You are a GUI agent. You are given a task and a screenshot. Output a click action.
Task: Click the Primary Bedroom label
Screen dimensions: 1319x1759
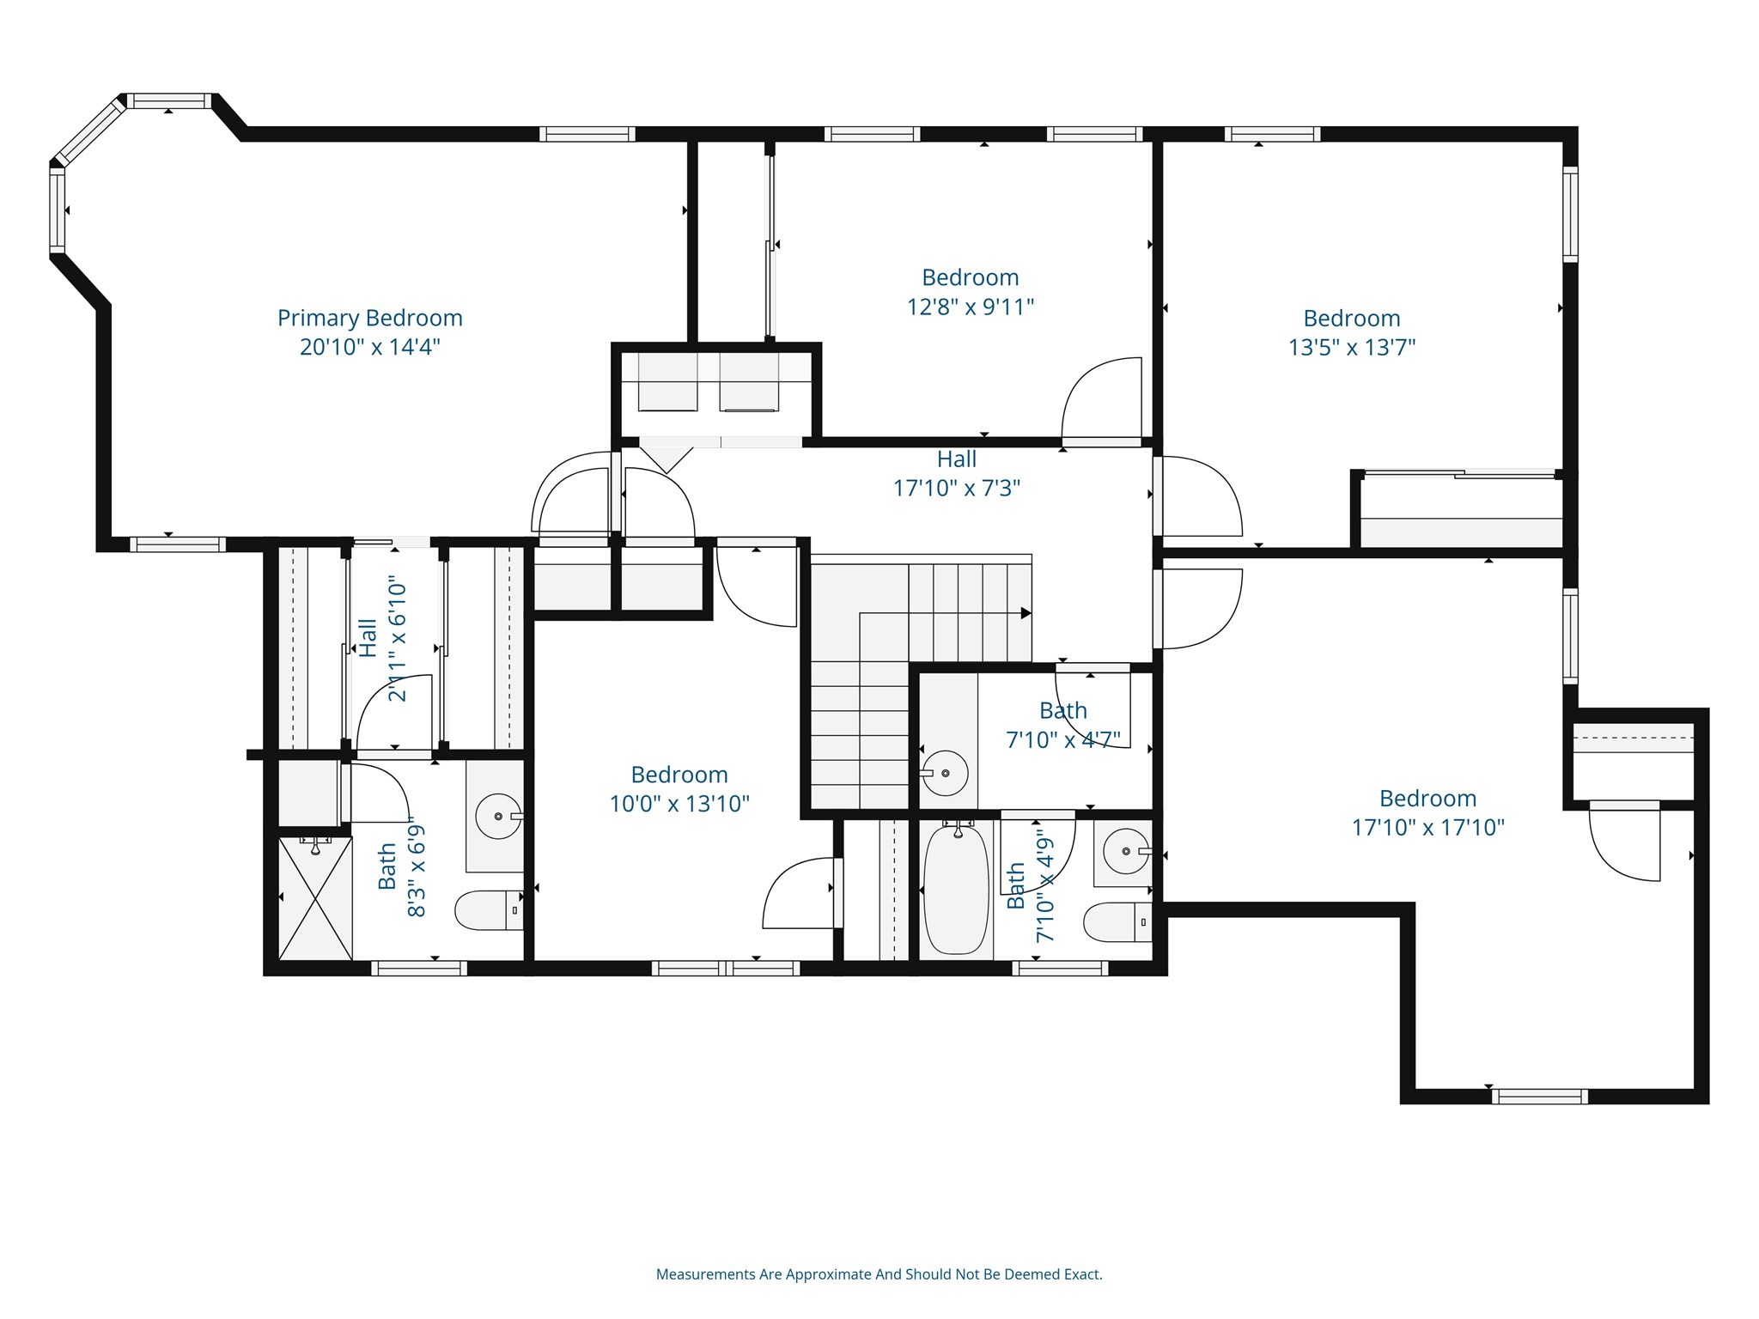pos(369,318)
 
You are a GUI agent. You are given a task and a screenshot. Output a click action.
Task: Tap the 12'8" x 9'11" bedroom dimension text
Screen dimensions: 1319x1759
pos(971,307)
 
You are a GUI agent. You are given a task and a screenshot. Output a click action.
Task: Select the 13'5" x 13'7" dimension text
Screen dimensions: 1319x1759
pos(1351,347)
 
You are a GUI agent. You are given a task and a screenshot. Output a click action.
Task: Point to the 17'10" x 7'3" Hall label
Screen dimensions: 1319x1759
pos(956,473)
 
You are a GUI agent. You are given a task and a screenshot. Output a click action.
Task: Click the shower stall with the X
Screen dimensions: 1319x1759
pos(315,898)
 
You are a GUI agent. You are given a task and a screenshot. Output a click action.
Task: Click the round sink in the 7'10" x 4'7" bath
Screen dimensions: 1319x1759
pos(945,773)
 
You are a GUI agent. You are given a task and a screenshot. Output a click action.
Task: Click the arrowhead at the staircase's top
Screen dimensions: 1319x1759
pos(1025,613)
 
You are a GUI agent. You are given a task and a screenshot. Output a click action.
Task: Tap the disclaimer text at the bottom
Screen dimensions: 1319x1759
pos(879,1274)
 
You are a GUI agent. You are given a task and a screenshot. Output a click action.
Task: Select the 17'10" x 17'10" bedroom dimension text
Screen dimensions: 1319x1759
pos(1427,827)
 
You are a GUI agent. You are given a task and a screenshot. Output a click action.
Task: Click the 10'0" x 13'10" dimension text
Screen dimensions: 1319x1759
pos(679,804)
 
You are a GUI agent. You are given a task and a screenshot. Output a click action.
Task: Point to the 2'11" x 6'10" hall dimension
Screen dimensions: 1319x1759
pos(397,639)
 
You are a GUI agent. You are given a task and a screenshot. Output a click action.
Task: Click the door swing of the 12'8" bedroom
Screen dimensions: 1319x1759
pos(1101,399)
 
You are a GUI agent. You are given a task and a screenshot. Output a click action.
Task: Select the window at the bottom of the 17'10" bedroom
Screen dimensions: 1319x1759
pos(1539,1097)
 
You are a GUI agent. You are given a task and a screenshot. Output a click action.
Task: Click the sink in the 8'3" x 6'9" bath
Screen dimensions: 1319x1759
pos(498,816)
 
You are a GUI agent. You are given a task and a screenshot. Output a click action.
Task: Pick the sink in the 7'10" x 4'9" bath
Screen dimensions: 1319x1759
pos(1125,852)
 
